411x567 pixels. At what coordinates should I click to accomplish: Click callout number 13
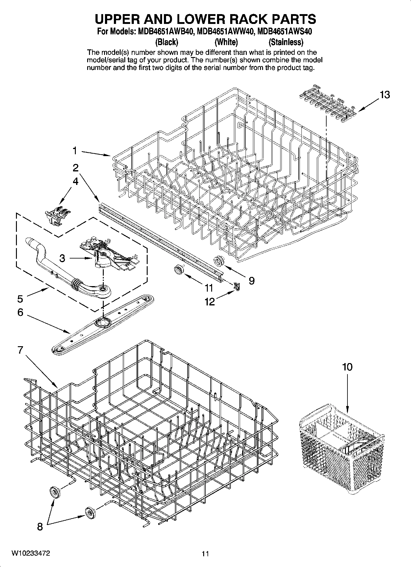385,95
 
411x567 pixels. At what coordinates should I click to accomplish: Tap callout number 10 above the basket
347,367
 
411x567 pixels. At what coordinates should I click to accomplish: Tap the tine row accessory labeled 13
328,102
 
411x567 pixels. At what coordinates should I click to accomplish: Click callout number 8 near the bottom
40,527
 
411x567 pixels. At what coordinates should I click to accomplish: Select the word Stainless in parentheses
286,42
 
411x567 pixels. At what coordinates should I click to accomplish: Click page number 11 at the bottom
205,554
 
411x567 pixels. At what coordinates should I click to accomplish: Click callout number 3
62,258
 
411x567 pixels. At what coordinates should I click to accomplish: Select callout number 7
20,350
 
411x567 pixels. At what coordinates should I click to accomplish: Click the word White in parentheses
226,42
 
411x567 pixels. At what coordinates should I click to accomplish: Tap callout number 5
20,298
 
